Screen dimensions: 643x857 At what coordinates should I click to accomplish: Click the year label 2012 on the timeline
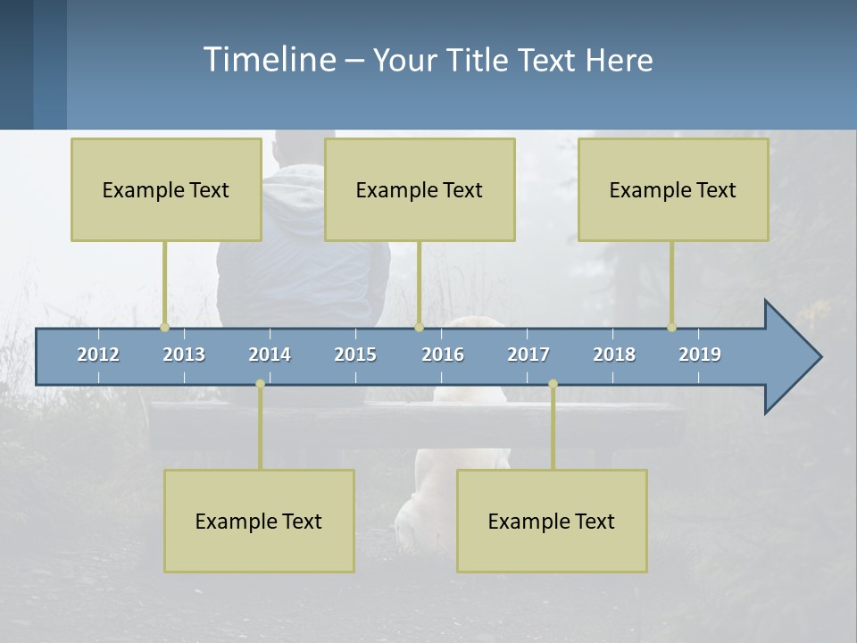98,355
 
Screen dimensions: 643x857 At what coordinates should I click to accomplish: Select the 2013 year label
184,355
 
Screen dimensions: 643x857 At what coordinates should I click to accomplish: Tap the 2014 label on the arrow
270,355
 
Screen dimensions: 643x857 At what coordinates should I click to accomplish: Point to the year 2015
355,355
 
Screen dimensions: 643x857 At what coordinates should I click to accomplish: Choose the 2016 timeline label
443,355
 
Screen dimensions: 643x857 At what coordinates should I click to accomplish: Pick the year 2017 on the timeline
528,355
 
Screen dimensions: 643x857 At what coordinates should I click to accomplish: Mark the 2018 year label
614,355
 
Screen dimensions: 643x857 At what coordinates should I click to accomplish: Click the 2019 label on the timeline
700,355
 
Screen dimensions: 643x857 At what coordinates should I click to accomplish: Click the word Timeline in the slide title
269,60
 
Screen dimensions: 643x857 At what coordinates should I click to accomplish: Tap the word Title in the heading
478,61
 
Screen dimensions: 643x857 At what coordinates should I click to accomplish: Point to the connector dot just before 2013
164,327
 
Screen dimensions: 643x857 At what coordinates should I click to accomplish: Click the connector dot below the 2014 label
260,384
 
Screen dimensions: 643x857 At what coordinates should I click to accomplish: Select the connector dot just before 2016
419,327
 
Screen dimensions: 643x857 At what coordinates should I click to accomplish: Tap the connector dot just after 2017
553,384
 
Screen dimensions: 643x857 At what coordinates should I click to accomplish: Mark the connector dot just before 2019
671,327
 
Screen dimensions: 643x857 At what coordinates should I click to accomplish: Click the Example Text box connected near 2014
259,521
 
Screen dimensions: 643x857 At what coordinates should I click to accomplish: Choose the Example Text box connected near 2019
673,189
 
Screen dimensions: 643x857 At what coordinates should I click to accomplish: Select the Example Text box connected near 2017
552,521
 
